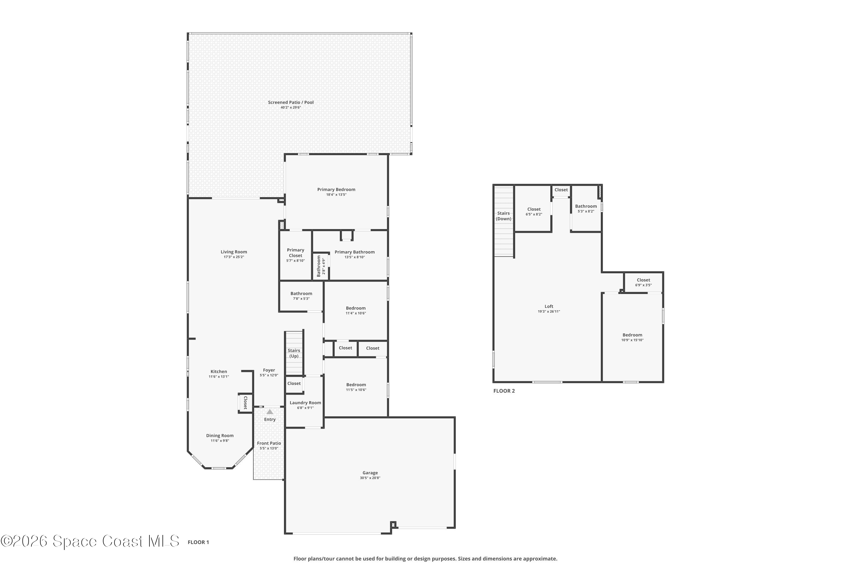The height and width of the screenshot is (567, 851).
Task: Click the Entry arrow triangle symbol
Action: point(269,412)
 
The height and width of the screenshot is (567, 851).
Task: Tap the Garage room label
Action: point(370,473)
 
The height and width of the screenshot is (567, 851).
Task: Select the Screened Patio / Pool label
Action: point(290,102)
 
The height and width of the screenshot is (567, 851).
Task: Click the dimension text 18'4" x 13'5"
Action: point(336,194)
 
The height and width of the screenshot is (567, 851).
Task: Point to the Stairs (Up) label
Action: point(294,353)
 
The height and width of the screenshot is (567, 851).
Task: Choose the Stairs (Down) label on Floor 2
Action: point(503,216)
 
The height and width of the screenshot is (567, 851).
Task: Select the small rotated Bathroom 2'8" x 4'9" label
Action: point(321,266)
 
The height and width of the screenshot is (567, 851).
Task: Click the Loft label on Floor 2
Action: point(549,306)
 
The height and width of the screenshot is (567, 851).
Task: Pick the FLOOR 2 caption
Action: point(504,391)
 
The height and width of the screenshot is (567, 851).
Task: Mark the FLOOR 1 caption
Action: point(198,542)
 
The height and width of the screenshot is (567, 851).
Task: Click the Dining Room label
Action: point(220,435)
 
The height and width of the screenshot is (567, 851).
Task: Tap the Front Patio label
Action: point(269,443)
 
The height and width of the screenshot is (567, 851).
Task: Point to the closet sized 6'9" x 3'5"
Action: point(643,282)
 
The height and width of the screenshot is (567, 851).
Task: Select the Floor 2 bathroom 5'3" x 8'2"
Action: point(586,208)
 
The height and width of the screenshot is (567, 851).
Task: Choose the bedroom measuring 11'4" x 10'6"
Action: point(355,310)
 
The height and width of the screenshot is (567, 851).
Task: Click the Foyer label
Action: point(269,370)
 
